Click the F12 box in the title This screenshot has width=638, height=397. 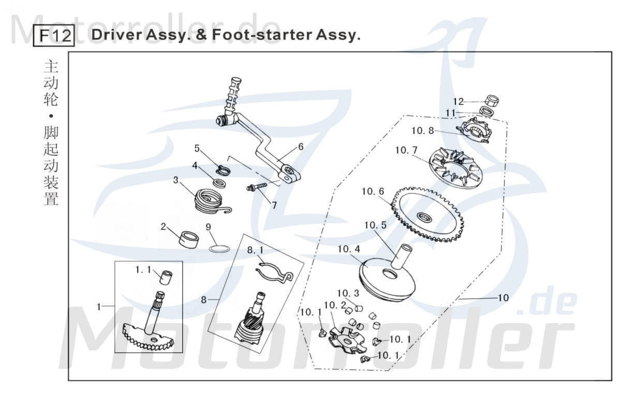tap(54, 36)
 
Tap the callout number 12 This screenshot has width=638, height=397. tap(458, 102)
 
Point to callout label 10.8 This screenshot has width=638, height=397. tap(423, 131)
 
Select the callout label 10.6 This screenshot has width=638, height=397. tap(373, 192)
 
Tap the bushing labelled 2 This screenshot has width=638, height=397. tap(187, 239)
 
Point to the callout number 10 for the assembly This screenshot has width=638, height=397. tap(502, 298)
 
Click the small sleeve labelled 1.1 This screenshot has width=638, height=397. tap(165, 277)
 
